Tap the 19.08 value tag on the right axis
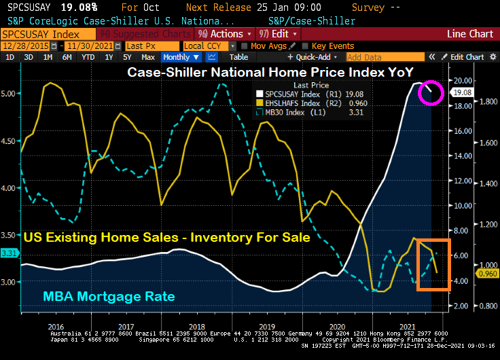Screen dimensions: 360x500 (462, 92)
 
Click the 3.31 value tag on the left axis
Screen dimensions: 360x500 (10, 253)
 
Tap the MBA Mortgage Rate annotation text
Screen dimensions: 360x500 (108, 296)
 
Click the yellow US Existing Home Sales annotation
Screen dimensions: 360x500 (167, 238)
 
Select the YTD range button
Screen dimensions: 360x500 (88, 57)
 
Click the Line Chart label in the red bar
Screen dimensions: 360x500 (469, 34)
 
